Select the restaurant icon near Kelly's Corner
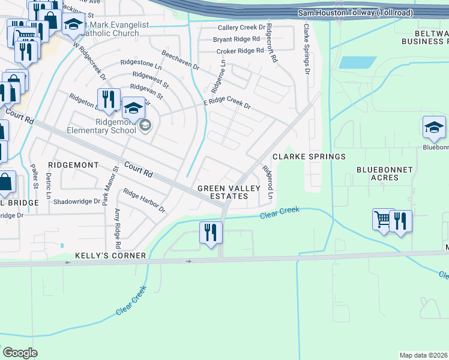coord(210,232)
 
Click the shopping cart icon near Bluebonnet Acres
coord(382,219)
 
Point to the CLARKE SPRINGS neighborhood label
coord(309,157)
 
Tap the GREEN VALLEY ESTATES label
coord(230,192)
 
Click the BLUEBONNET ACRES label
coord(385,173)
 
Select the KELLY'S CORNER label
coord(110,256)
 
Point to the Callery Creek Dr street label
coord(241,28)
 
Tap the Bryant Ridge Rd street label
coord(237,40)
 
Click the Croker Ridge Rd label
coord(240,51)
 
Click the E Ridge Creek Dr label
coord(226,104)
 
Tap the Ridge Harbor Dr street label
coord(144,200)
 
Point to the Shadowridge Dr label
coord(76,202)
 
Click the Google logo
coord(20,353)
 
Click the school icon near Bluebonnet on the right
coord(434,127)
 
